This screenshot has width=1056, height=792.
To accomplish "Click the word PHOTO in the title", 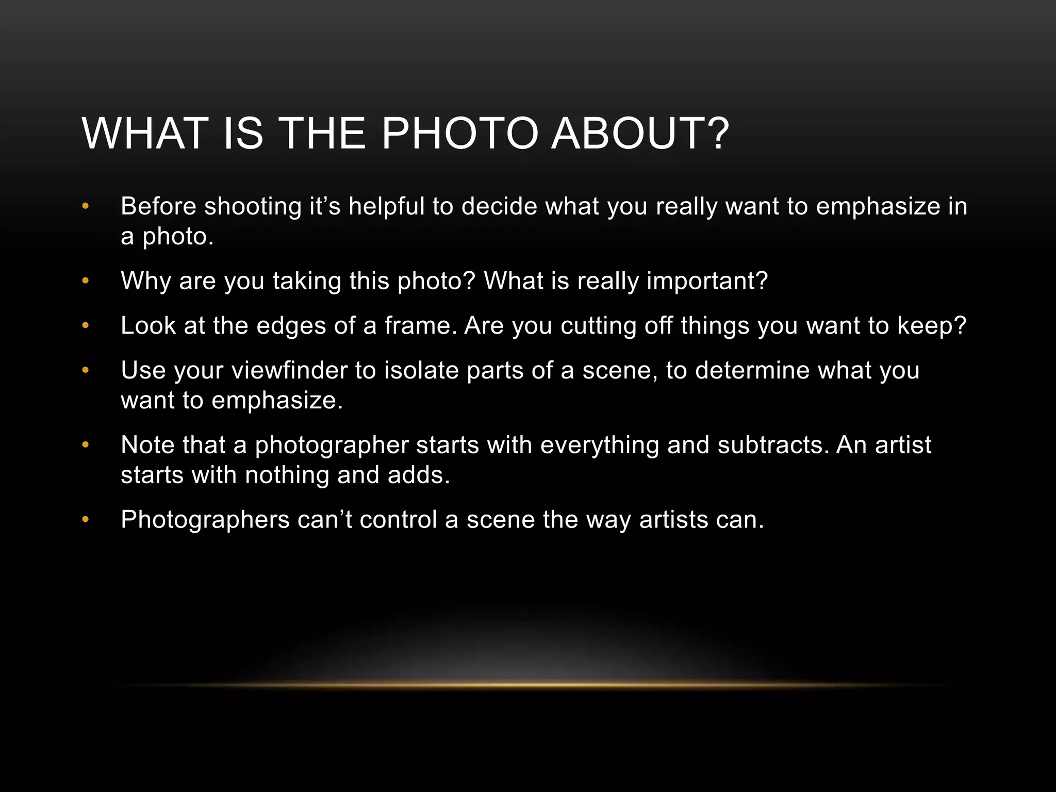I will point(460,134).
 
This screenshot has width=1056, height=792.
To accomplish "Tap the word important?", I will point(707,282).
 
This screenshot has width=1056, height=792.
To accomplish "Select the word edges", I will point(291,326).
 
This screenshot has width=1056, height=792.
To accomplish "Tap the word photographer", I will point(332,445).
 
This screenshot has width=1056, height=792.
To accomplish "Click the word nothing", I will point(287,475).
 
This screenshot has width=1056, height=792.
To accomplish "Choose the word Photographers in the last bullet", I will point(205,520).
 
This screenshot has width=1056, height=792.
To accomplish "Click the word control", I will point(399,520).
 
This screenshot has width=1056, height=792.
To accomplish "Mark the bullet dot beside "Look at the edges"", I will point(86,326).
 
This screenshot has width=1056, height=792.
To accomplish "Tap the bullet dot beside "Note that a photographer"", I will point(86,445).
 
